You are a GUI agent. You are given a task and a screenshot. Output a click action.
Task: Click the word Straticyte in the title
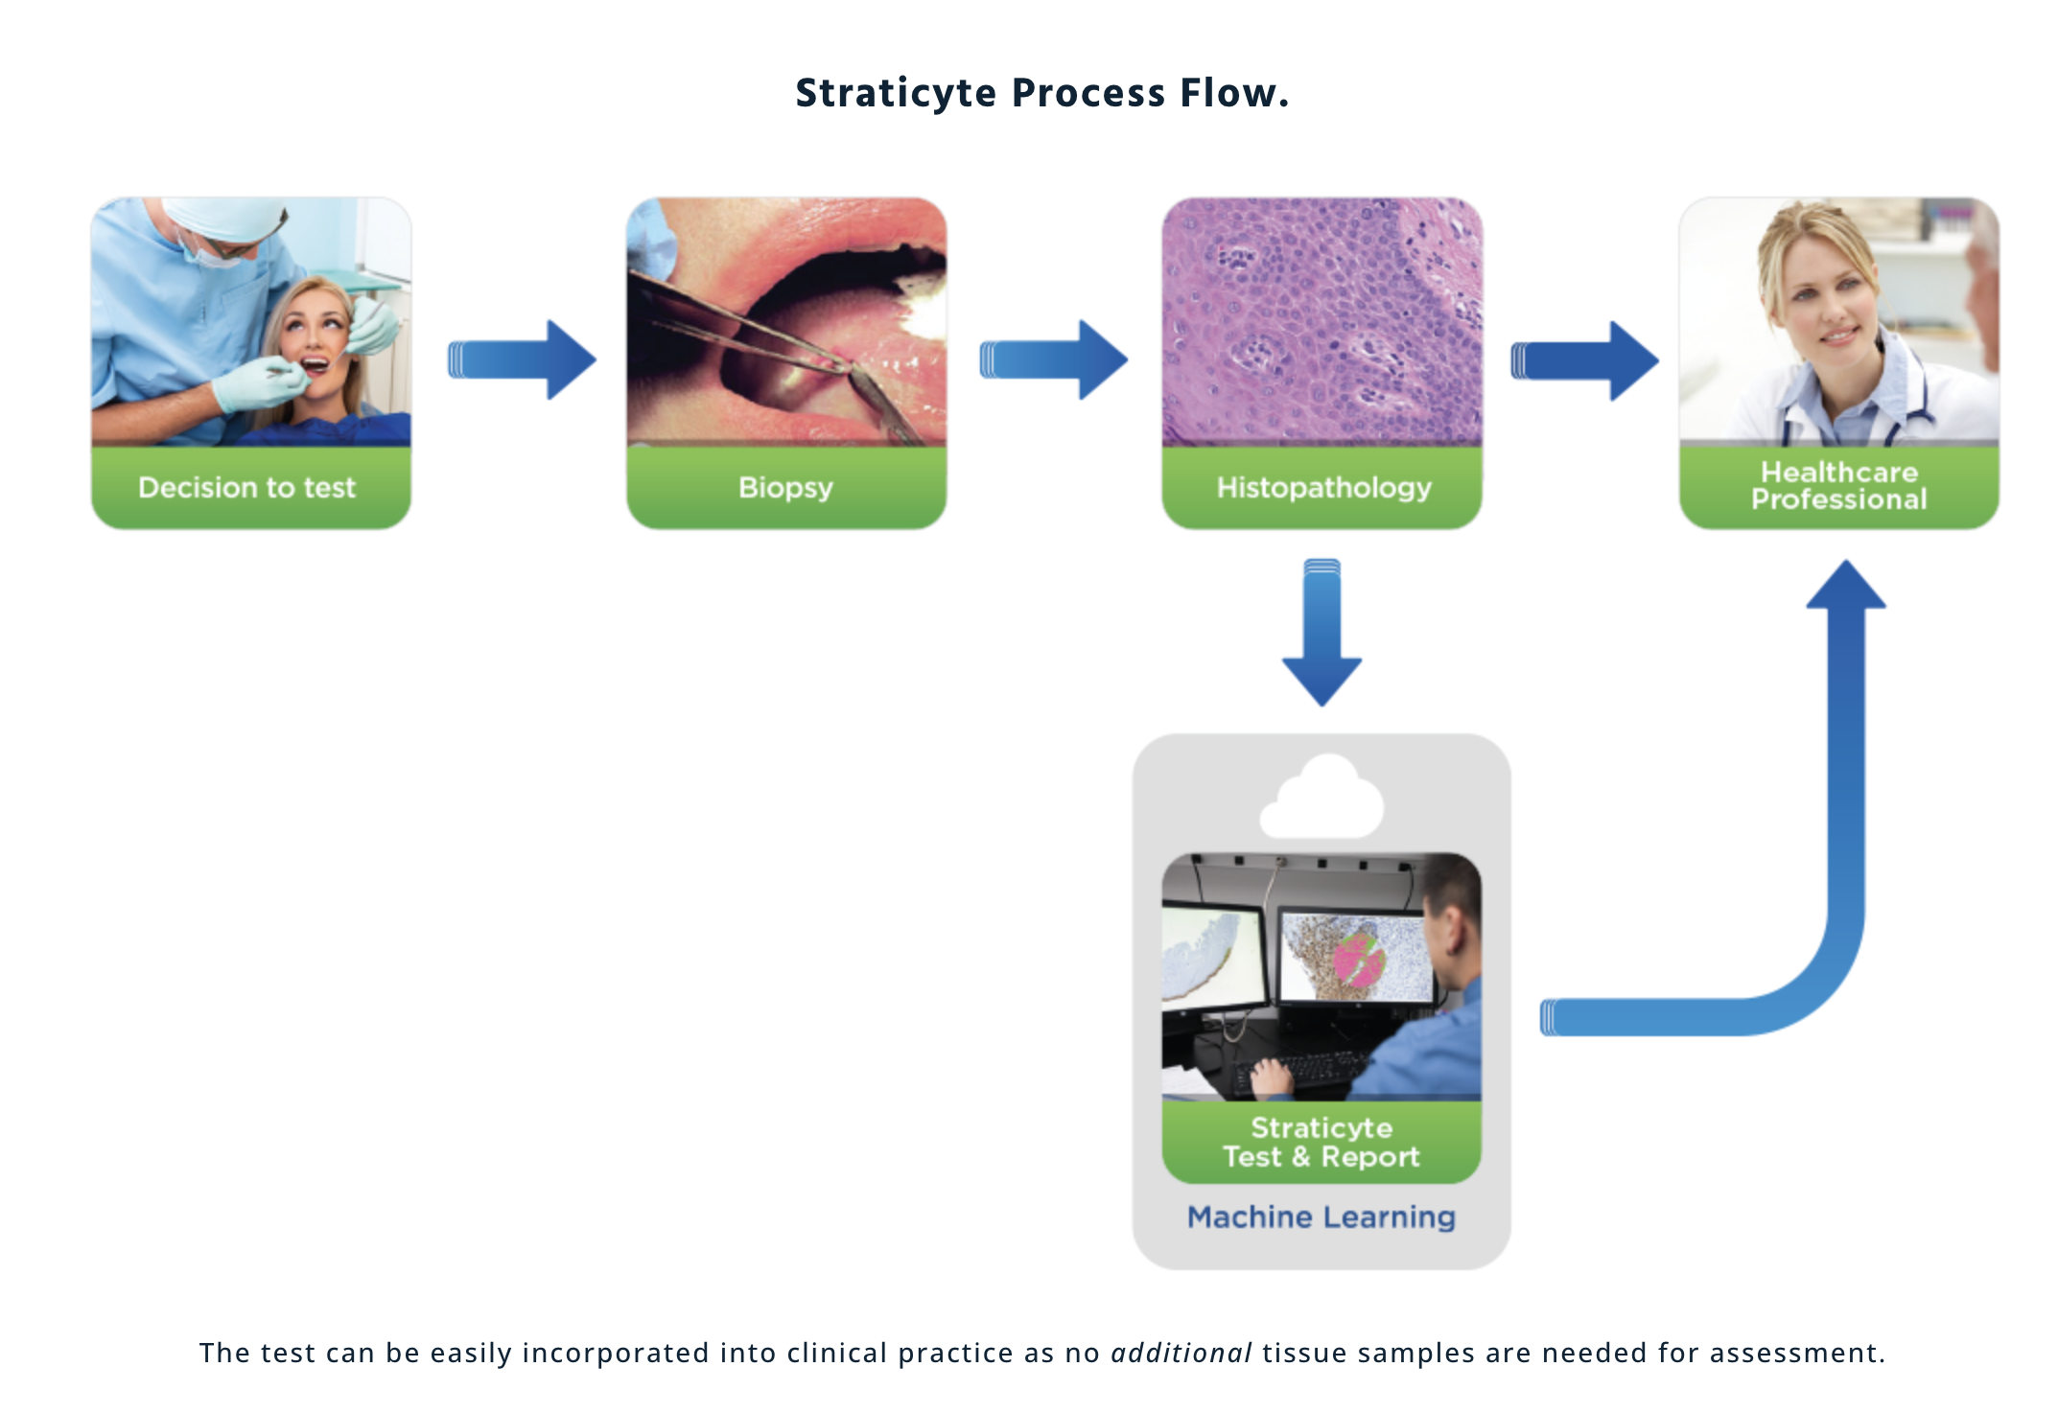point(896,94)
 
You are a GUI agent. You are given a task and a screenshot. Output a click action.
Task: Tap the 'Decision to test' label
point(247,488)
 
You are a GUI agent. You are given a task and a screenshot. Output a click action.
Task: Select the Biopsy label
point(785,488)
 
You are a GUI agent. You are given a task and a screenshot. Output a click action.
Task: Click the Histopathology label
point(1323,488)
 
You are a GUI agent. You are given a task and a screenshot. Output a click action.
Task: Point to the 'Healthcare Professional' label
point(1838,486)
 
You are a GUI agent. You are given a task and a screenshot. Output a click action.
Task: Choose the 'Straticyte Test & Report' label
point(1321,1142)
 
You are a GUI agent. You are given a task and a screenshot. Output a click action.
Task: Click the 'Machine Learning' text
point(1321,1217)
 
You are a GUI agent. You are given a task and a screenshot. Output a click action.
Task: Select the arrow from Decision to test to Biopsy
point(523,360)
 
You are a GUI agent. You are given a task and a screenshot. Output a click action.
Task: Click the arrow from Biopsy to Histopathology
point(1054,360)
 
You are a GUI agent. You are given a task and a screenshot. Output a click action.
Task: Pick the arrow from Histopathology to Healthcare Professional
point(1585,360)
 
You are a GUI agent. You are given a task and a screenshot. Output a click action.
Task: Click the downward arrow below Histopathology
point(1322,634)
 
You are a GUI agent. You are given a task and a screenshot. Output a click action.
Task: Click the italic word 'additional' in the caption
point(1181,1353)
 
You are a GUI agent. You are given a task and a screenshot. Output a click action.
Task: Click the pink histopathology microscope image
point(1322,322)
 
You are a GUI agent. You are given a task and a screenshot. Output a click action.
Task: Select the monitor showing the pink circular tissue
point(1356,958)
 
